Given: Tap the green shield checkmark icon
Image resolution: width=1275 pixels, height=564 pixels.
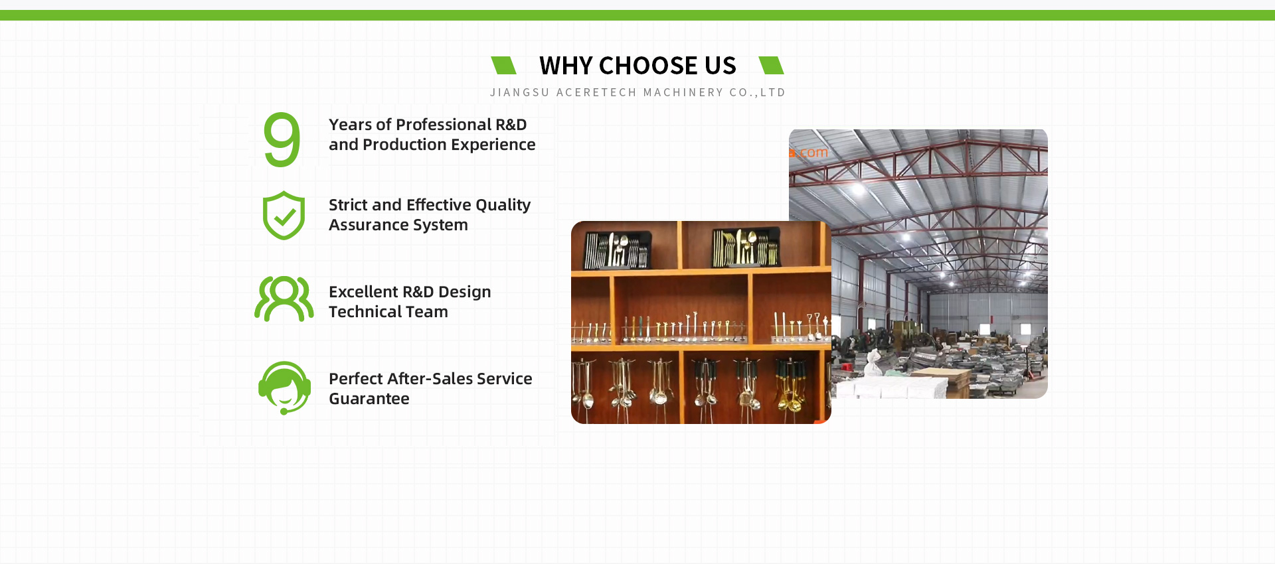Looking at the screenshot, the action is (284, 216).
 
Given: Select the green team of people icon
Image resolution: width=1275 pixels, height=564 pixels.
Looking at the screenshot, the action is (284, 299).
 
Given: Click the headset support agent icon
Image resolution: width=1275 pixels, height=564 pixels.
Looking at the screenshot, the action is (285, 388).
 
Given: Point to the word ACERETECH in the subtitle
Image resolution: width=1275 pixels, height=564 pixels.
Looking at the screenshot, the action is (596, 92).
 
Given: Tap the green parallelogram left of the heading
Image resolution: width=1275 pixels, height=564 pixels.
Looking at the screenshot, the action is (503, 65).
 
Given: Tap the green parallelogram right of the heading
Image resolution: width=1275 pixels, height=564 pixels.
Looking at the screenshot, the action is (771, 65).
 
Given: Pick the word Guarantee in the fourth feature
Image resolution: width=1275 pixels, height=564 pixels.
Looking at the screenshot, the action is (369, 399).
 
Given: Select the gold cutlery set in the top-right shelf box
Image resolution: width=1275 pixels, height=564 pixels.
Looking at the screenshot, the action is (745, 247).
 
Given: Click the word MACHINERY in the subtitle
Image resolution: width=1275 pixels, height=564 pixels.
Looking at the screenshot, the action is (683, 92).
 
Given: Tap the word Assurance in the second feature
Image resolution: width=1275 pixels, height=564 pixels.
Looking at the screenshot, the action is (365, 225).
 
